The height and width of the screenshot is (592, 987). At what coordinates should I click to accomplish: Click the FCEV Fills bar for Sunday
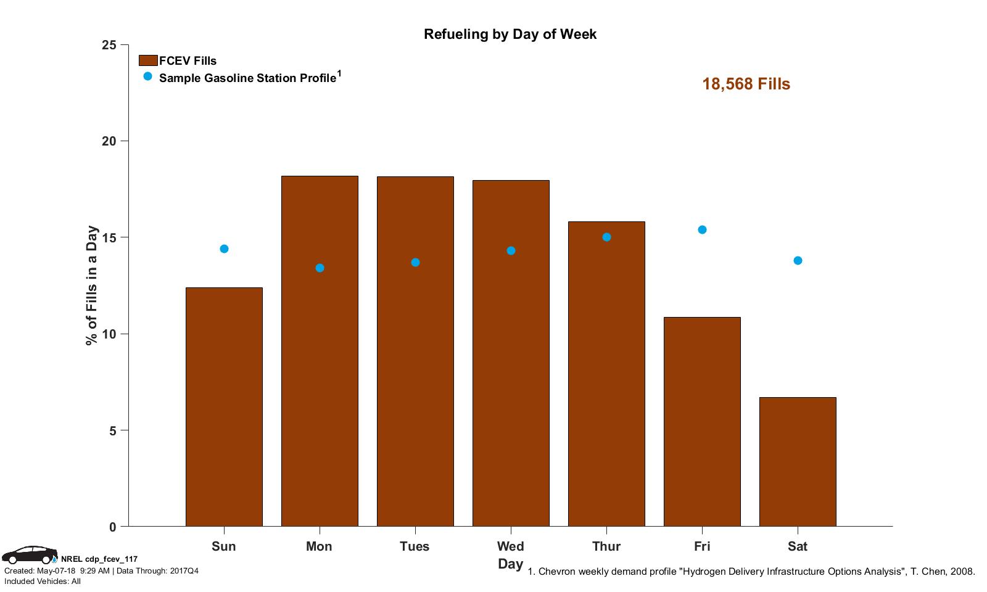coord(224,407)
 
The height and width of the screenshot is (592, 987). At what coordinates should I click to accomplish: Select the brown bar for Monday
coord(320,351)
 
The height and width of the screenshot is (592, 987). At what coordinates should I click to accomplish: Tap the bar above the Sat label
coord(798,462)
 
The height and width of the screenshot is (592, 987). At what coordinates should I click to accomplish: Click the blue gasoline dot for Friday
coord(702,230)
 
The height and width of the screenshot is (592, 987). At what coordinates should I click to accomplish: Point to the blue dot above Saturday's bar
coord(798,261)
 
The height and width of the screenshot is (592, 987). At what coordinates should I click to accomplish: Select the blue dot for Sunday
coord(224,249)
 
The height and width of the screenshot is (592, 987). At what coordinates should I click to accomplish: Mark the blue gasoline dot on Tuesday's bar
coord(415,263)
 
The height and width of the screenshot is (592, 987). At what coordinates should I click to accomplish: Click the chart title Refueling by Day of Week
coord(510,34)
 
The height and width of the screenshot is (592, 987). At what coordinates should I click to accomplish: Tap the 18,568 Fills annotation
coord(746,84)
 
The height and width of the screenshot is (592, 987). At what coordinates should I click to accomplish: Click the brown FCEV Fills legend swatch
coord(148,60)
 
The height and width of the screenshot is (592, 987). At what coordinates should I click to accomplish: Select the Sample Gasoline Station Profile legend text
coord(247,78)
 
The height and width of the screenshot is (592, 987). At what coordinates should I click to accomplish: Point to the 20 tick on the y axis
coord(109,141)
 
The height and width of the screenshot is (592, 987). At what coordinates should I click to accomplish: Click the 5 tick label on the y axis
coord(112,430)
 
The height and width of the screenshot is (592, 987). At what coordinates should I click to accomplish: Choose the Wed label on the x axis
coord(510,546)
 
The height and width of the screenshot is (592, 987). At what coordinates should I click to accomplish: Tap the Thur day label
coord(606,546)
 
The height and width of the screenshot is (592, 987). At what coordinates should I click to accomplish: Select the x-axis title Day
coord(510,564)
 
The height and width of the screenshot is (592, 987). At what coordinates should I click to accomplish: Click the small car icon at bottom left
coord(28,555)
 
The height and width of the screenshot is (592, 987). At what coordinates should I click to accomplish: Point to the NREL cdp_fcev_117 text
coord(99,559)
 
